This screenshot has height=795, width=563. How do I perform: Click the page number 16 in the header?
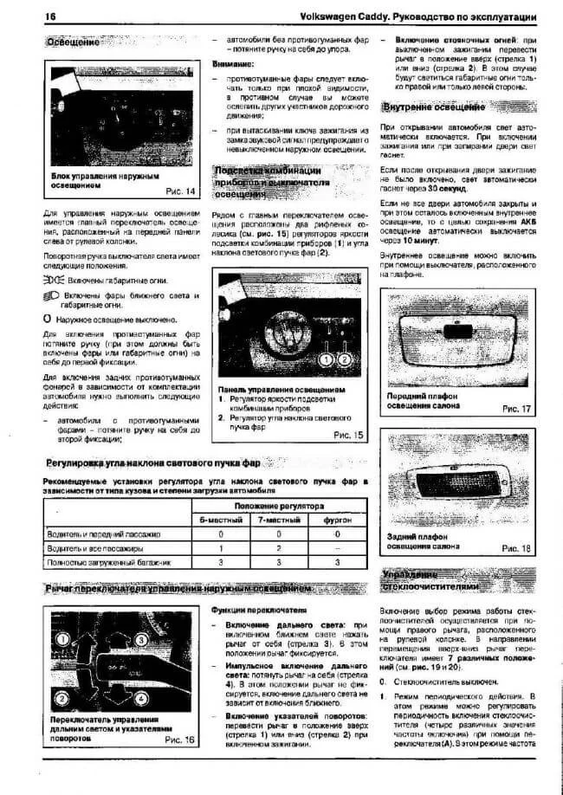click(x=26, y=16)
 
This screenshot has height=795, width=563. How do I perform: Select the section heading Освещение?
click(x=73, y=42)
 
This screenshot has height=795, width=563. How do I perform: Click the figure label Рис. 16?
click(x=179, y=741)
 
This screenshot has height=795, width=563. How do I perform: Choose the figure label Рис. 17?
click(x=516, y=407)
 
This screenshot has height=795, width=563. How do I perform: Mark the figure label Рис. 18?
click(x=516, y=548)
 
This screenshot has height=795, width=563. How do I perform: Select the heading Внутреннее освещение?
click(x=433, y=107)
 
